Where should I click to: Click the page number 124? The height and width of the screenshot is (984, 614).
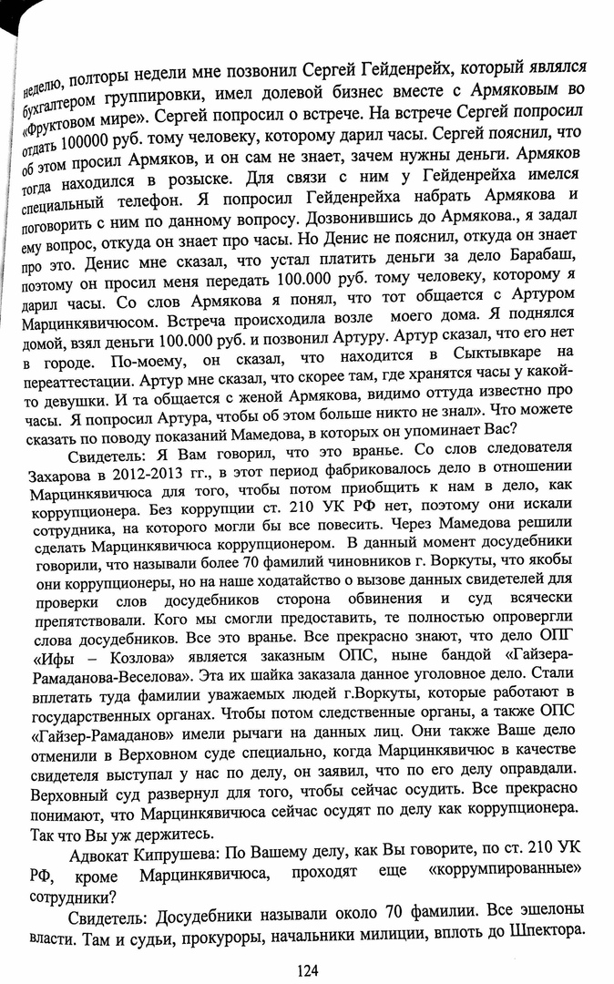coord(306,969)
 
